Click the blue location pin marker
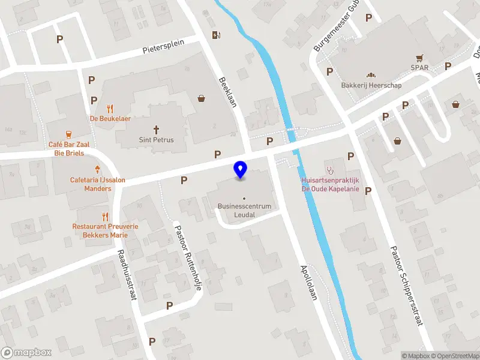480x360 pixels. (x=241, y=170)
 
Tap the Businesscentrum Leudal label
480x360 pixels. (x=244, y=210)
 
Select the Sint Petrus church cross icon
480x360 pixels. (x=157, y=129)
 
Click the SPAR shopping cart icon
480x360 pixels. (x=420, y=58)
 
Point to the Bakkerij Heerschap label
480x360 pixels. (x=371, y=85)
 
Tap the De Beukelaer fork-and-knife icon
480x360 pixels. (x=110, y=109)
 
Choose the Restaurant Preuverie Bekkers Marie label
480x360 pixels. (x=105, y=230)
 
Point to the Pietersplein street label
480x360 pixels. (x=170, y=46)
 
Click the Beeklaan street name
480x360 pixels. (x=229, y=92)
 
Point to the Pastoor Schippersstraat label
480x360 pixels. (x=407, y=286)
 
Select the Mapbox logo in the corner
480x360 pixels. (x=26, y=352)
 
